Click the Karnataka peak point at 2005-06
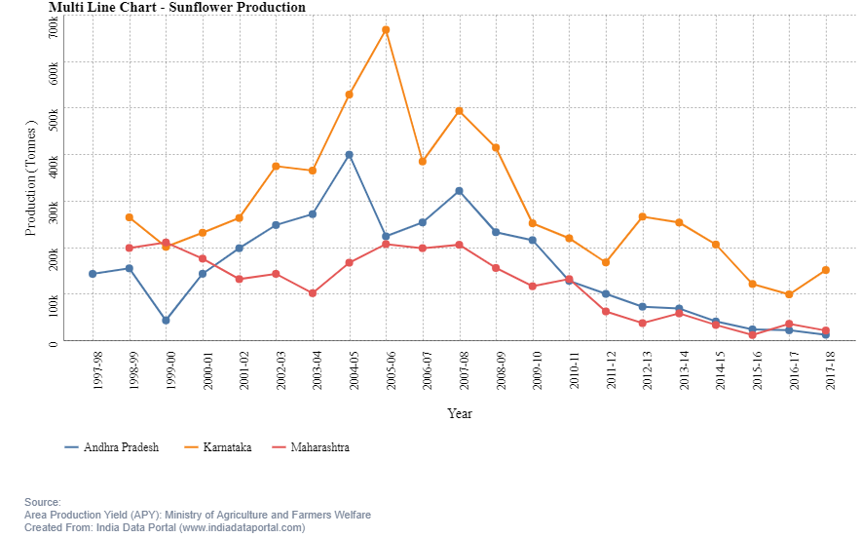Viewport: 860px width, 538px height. click(386, 30)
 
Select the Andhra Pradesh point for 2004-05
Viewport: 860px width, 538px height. click(349, 155)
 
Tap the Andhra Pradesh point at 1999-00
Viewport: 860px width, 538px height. click(166, 320)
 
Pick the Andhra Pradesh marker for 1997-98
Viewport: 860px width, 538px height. click(93, 274)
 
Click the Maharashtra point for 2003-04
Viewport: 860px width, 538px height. click(313, 293)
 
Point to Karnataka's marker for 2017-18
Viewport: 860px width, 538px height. click(826, 270)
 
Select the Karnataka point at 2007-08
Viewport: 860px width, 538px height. click(459, 111)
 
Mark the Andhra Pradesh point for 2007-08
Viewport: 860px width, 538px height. click(459, 191)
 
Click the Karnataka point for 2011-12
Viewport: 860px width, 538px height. click(606, 262)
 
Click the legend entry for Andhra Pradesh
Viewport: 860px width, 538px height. click(111, 447)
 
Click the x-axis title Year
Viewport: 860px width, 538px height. click(460, 413)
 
